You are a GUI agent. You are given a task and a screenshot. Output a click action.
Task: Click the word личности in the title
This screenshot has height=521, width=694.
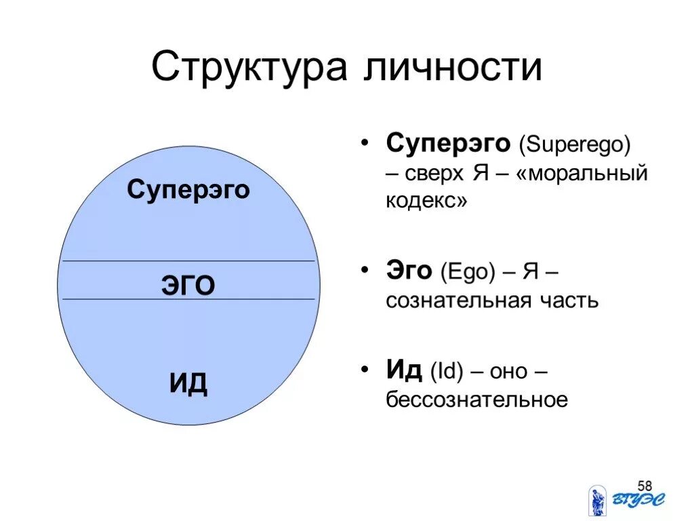[x=454, y=68]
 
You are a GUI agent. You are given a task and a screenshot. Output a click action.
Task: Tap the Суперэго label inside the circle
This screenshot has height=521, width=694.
[x=188, y=190]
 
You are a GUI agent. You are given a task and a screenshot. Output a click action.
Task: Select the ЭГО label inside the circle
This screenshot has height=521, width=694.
[x=188, y=286]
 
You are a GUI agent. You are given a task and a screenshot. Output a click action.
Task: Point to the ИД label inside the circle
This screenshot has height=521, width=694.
[x=188, y=385]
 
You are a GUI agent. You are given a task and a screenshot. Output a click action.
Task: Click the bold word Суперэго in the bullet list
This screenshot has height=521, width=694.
[x=448, y=143]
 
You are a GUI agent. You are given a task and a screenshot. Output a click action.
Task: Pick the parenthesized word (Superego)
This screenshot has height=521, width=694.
[x=575, y=144]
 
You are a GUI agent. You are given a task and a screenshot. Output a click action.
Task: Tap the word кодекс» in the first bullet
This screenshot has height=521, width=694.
[x=426, y=201]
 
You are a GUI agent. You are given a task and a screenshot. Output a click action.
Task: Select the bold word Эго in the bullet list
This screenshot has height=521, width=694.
[x=409, y=271]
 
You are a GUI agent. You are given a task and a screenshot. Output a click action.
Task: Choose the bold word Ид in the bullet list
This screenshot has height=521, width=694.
[x=405, y=370]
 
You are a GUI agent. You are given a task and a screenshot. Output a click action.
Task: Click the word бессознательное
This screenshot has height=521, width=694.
[x=476, y=400]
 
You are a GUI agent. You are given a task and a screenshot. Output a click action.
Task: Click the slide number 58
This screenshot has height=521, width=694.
[x=645, y=486]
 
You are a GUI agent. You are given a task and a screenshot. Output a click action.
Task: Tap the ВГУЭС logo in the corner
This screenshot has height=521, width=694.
[x=626, y=501]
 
